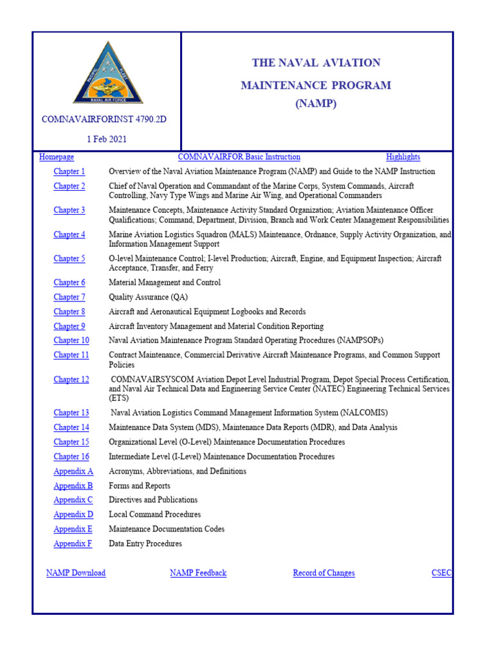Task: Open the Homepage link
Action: pyautogui.click(x=57, y=157)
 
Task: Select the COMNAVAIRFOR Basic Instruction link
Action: pyautogui.click(x=239, y=157)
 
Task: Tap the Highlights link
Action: pyautogui.click(x=403, y=157)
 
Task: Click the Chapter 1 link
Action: pyautogui.click(x=69, y=172)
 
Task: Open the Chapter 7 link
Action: pyautogui.click(x=69, y=297)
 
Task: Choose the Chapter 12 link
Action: pyautogui.click(x=71, y=380)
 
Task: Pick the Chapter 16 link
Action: pyautogui.click(x=71, y=457)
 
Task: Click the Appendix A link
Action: pyautogui.click(x=73, y=471)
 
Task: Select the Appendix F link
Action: pyautogui.click(x=73, y=544)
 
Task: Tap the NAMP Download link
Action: pyautogui.click(x=76, y=573)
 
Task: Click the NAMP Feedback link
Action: pyautogui.click(x=198, y=573)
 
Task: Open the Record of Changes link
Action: pyautogui.click(x=324, y=573)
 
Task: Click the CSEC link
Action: pyautogui.click(x=441, y=573)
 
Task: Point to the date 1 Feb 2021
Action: pyautogui.click(x=107, y=139)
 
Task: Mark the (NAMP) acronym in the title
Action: pyautogui.click(x=316, y=103)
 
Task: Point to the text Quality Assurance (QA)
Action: pyautogui.click(x=148, y=297)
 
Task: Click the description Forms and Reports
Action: pyautogui.click(x=140, y=486)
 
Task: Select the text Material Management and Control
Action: pyautogui.click(x=165, y=283)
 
